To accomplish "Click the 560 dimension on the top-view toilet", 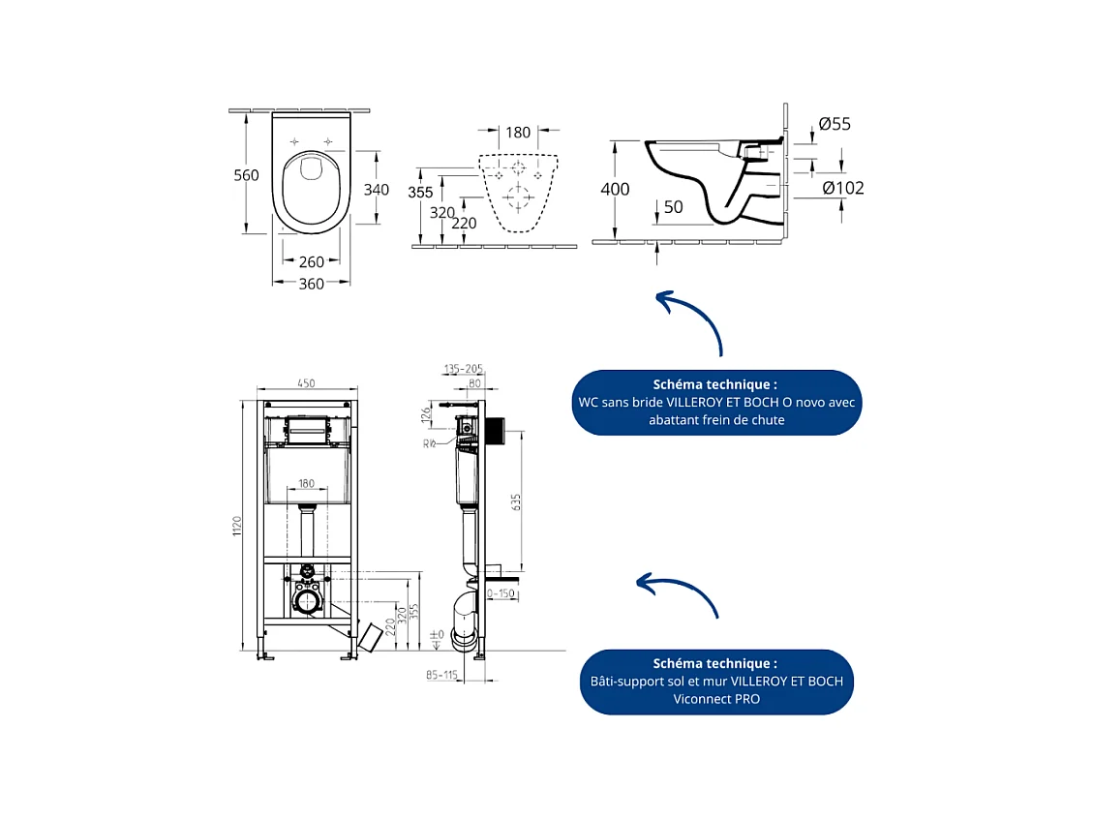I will [246, 174].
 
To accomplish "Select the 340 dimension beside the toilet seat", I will [377, 190].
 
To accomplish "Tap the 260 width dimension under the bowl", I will [311, 261].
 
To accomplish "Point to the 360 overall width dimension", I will [311, 284].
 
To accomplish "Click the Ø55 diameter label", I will [834, 124].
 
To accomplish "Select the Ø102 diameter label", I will [842, 188].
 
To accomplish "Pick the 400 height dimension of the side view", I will [615, 190].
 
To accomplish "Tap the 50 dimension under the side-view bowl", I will [673, 207].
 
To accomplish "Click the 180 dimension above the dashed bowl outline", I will [519, 133].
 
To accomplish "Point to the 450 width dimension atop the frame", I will [306, 383].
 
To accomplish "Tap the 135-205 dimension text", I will [463, 370].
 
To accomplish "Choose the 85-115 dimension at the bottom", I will [440, 675].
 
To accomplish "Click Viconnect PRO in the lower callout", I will [716, 699].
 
